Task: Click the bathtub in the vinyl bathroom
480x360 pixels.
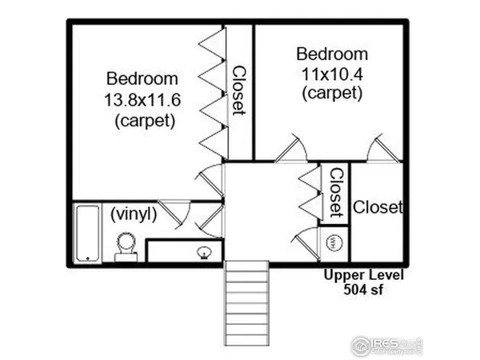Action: pos(86,233)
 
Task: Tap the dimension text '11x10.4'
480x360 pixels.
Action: pos(331,74)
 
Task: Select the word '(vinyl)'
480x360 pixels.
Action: pos(133,214)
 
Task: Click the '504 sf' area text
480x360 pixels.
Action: pos(364,290)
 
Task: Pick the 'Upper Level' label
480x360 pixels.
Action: pos(364,275)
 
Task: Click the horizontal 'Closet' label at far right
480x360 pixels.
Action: pos(378,207)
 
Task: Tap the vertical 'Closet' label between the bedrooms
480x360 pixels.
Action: pos(239,90)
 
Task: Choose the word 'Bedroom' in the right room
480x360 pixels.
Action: pos(332,54)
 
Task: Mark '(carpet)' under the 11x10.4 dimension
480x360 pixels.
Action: pos(332,93)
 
